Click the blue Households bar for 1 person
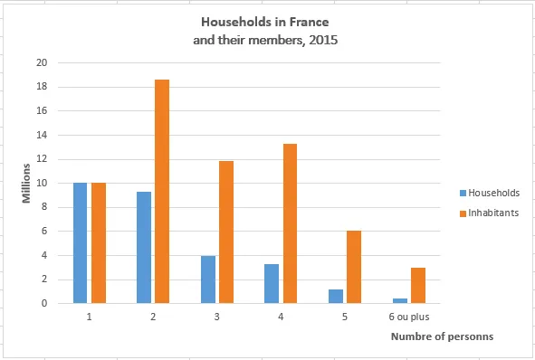point(81,242)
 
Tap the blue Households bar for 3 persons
point(208,279)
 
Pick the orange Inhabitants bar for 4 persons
point(290,223)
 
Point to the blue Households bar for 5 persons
point(336,296)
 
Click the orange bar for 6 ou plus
point(417,285)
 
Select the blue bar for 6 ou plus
point(399,300)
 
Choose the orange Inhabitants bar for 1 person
point(98,242)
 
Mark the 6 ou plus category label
point(408,317)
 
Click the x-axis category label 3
point(217,317)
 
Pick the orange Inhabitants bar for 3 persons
point(226,232)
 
